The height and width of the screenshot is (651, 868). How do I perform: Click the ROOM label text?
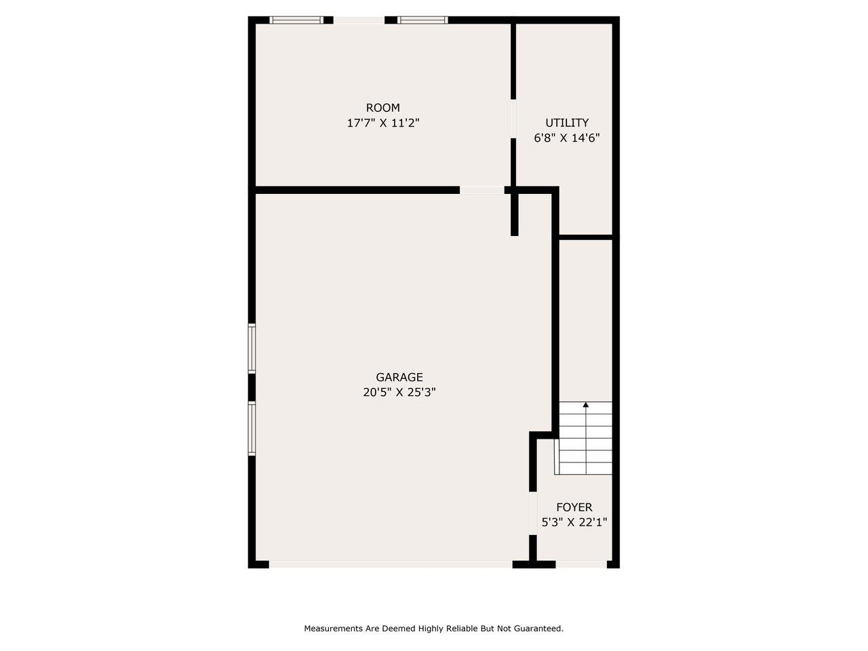click(382, 108)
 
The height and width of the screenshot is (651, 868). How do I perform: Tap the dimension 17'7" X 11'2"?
click(382, 123)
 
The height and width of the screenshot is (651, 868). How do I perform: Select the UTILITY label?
click(567, 123)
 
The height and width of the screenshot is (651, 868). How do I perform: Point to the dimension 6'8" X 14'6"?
click(567, 138)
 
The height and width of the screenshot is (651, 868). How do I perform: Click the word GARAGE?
click(399, 377)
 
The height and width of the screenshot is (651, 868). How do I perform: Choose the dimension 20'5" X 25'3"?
click(399, 392)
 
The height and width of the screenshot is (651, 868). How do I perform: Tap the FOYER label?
click(574, 507)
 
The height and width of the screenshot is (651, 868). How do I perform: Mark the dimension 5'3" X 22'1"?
click(574, 522)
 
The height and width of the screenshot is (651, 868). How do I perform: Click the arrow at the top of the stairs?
click(586, 406)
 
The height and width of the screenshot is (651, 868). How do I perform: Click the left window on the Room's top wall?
click(296, 20)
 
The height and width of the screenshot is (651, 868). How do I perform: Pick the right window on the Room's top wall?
click(422, 20)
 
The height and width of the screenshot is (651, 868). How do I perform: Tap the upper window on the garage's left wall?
click(252, 349)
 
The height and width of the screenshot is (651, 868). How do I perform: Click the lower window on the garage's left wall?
click(252, 428)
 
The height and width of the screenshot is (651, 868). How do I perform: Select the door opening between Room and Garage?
click(481, 190)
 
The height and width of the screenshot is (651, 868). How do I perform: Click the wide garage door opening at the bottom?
click(391, 564)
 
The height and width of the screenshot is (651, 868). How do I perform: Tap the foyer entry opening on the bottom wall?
click(581, 564)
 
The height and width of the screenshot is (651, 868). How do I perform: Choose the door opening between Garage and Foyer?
click(533, 513)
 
